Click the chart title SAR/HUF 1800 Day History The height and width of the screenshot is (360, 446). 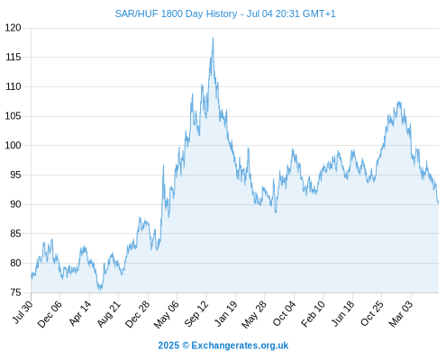click(177, 13)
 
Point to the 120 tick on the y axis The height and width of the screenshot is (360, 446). click(14, 28)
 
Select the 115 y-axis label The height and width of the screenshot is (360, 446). click(14, 57)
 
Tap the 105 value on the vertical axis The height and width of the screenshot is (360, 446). click(14, 116)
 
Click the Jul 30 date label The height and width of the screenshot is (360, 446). click(23, 312)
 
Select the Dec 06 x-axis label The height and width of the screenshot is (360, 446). click(50, 314)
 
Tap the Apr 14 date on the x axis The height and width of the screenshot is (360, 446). click(79, 313)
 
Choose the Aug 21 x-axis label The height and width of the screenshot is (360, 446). click(108, 314)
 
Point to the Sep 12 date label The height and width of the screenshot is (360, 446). click(196, 314)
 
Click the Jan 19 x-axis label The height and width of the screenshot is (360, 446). click(226, 313)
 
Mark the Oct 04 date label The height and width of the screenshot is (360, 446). click(284, 314)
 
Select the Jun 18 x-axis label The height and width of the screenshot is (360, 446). click(342, 313)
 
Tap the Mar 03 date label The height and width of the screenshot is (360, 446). click(401, 314)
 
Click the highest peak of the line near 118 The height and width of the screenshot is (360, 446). click(213, 38)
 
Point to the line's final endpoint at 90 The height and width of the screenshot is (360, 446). click(438, 204)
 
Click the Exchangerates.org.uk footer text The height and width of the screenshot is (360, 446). click(240, 346)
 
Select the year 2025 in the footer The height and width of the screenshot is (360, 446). click(168, 346)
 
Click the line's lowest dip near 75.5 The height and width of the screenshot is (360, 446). click(99, 290)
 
